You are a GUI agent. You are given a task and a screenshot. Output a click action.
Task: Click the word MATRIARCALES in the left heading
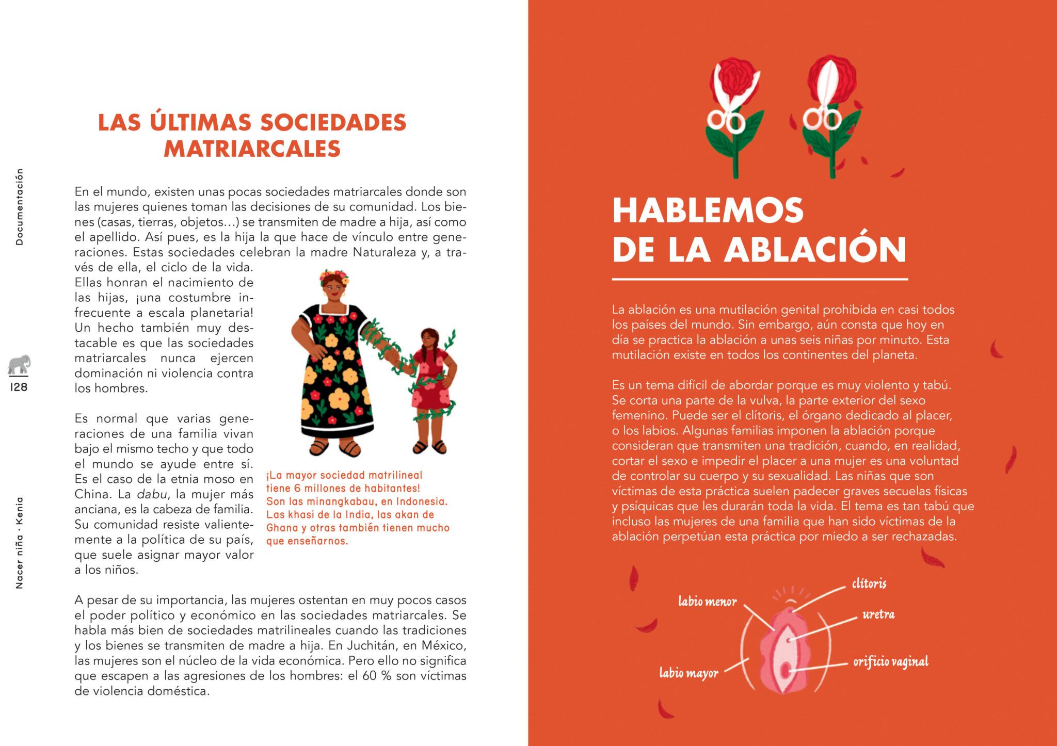252,149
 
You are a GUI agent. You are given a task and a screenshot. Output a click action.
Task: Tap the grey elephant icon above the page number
19,365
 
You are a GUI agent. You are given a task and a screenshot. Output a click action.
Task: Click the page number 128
19,387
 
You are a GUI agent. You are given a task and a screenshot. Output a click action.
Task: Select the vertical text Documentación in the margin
19,206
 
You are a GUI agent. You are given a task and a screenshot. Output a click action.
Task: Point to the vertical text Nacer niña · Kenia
19,543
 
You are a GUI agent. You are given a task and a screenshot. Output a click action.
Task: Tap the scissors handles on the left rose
725,120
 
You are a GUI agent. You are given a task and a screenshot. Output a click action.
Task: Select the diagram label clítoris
869,583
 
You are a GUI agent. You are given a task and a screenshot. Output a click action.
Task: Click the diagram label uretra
878,614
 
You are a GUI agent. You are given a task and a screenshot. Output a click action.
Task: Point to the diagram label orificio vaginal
891,661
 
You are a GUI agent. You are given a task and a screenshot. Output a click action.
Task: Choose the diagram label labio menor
707,601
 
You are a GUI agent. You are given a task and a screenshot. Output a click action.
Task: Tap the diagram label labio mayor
688,673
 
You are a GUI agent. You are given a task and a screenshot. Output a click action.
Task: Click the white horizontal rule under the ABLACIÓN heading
760,279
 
